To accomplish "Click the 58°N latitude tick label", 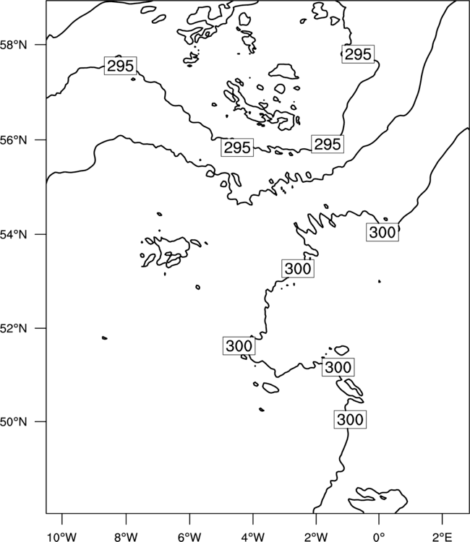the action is (14, 45).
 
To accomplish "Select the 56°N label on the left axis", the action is (14, 140).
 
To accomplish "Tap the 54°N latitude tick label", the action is (14, 234).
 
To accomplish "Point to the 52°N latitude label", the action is (14, 328).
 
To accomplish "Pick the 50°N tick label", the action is (14, 422).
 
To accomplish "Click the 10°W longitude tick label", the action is (62, 537).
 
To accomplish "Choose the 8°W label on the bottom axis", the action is (126, 537).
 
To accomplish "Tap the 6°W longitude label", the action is (189, 537).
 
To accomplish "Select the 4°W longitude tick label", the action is (253, 537).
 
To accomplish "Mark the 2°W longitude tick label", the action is (316, 537).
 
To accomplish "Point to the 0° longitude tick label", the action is (379, 537).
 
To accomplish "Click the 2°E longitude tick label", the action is (443, 537).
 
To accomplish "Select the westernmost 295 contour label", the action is (120, 66).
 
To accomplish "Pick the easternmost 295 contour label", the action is (358, 54).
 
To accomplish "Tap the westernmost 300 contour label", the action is (239, 345).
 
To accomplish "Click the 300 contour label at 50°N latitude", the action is (350, 420).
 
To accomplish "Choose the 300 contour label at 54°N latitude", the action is (383, 232).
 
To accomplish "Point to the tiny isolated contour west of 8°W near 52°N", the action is (104, 337).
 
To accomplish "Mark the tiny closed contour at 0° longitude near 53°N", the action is (380, 281).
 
